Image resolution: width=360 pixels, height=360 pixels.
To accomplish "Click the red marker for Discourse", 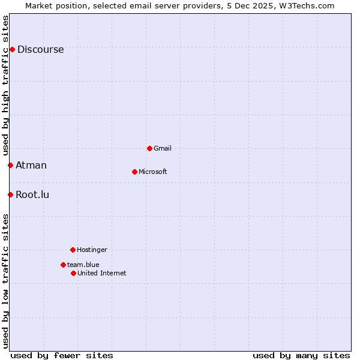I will click(x=12, y=49).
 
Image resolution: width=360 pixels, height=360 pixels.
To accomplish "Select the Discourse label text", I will click(x=40, y=50).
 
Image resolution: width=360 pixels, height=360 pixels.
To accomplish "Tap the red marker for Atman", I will click(x=10, y=165).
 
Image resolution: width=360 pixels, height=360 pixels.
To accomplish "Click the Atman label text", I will click(x=31, y=166).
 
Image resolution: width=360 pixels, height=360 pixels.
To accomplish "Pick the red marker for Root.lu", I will click(x=10, y=194).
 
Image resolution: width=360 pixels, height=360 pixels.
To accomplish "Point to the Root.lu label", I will click(x=32, y=195).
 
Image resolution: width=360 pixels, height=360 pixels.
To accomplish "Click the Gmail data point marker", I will click(x=149, y=148).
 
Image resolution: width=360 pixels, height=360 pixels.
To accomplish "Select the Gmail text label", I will click(x=163, y=149).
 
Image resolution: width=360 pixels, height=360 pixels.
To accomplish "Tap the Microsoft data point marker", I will click(x=134, y=172).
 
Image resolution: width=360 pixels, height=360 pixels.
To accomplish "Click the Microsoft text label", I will click(x=152, y=172).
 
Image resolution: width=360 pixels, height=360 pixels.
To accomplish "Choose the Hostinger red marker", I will click(x=73, y=250).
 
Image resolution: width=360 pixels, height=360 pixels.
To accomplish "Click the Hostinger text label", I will click(x=92, y=250).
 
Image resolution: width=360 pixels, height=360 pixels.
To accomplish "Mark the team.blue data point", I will click(x=63, y=265).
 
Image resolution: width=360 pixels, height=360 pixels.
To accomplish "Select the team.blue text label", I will click(x=83, y=265).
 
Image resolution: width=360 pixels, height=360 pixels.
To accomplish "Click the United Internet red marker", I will click(x=73, y=273).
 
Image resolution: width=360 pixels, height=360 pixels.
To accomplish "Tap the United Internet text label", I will click(x=101, y=274).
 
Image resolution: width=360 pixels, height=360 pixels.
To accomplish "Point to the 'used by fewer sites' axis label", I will click(x=62, y=355).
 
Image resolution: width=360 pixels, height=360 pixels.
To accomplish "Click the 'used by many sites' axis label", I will click(x=301, y=355).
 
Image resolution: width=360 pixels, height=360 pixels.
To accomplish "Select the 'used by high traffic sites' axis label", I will click(x=5, y=85).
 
